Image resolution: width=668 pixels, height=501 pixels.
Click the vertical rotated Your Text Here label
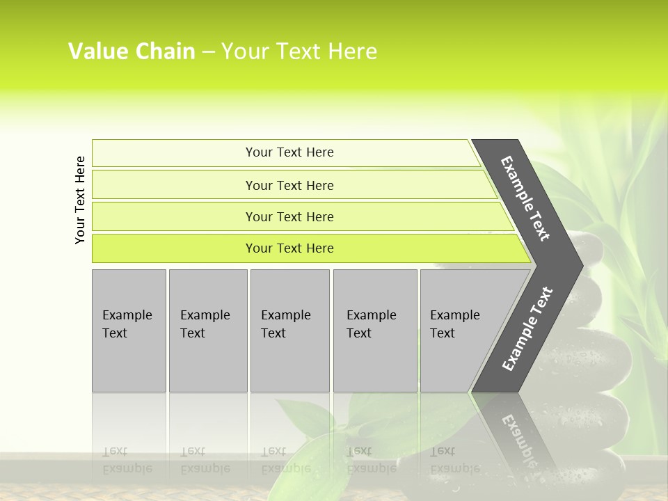[x=81, y=200]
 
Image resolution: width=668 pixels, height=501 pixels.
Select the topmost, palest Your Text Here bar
[x=289, y=152]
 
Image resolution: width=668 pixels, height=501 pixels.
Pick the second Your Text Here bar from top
[x=289, y=185]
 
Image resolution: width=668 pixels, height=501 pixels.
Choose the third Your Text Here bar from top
[x=289, y=216]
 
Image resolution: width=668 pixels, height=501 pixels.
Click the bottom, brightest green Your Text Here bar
[x=289, y=248]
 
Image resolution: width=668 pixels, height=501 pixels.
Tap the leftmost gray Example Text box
[x=129, y=331]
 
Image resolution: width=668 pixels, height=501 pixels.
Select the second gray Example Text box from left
[x=207, y=331]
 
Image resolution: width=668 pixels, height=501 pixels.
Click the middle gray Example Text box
[x=289, y=331]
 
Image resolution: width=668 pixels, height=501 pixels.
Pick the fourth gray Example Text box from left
[x=375, y=331]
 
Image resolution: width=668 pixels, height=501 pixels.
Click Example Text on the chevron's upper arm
[x=525, y=198]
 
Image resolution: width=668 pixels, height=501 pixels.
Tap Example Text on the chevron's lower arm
[x=527, y=328]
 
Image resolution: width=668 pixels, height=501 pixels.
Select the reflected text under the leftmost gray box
[x=128, y=459]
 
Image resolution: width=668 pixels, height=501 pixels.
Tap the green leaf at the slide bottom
[x=313, y=445]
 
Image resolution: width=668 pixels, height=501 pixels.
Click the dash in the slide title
[x=208, y=52]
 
